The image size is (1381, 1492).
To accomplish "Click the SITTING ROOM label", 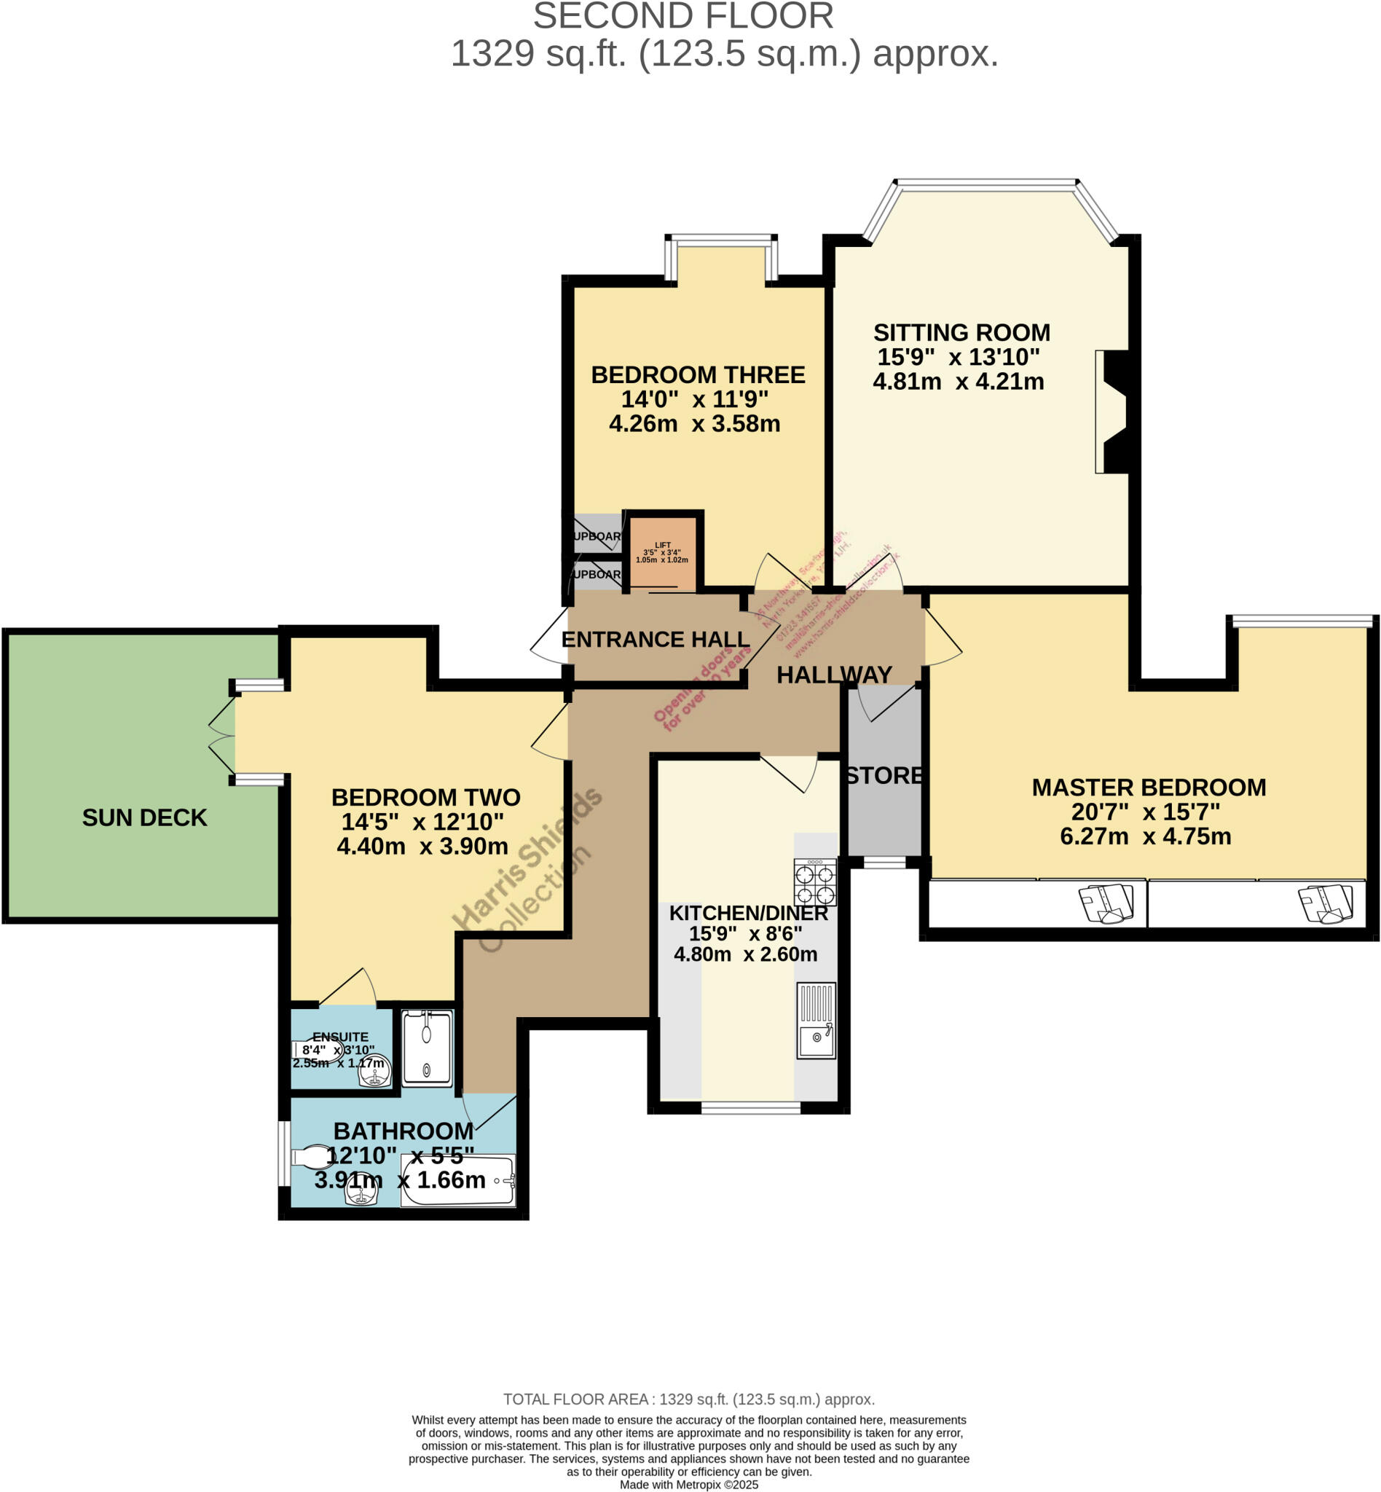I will pos(961,333).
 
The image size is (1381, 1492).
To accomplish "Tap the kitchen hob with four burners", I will pos(814,884).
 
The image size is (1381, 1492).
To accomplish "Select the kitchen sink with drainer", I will pos(816,1021).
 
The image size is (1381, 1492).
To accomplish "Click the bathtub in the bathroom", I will pos(457,1181).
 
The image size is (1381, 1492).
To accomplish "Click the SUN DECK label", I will pos(144,818).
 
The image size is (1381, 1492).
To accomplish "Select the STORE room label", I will pos(884,776).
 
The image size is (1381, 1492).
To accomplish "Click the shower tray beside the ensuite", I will pos(427,1048).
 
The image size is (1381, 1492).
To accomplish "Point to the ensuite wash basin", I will pos(374,1075).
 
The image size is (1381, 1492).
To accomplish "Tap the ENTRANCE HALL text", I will pos(655,640).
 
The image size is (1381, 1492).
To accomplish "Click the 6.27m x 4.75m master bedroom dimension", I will pos(1145,836).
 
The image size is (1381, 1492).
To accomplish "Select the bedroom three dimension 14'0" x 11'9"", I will pos(694,399).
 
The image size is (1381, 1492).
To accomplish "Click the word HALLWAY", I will pos(834,675).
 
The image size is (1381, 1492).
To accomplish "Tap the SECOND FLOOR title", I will pos(683,17).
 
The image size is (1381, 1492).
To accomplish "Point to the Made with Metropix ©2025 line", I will pos(688,1485).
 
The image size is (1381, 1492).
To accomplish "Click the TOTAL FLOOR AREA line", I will pos(688,1399).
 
